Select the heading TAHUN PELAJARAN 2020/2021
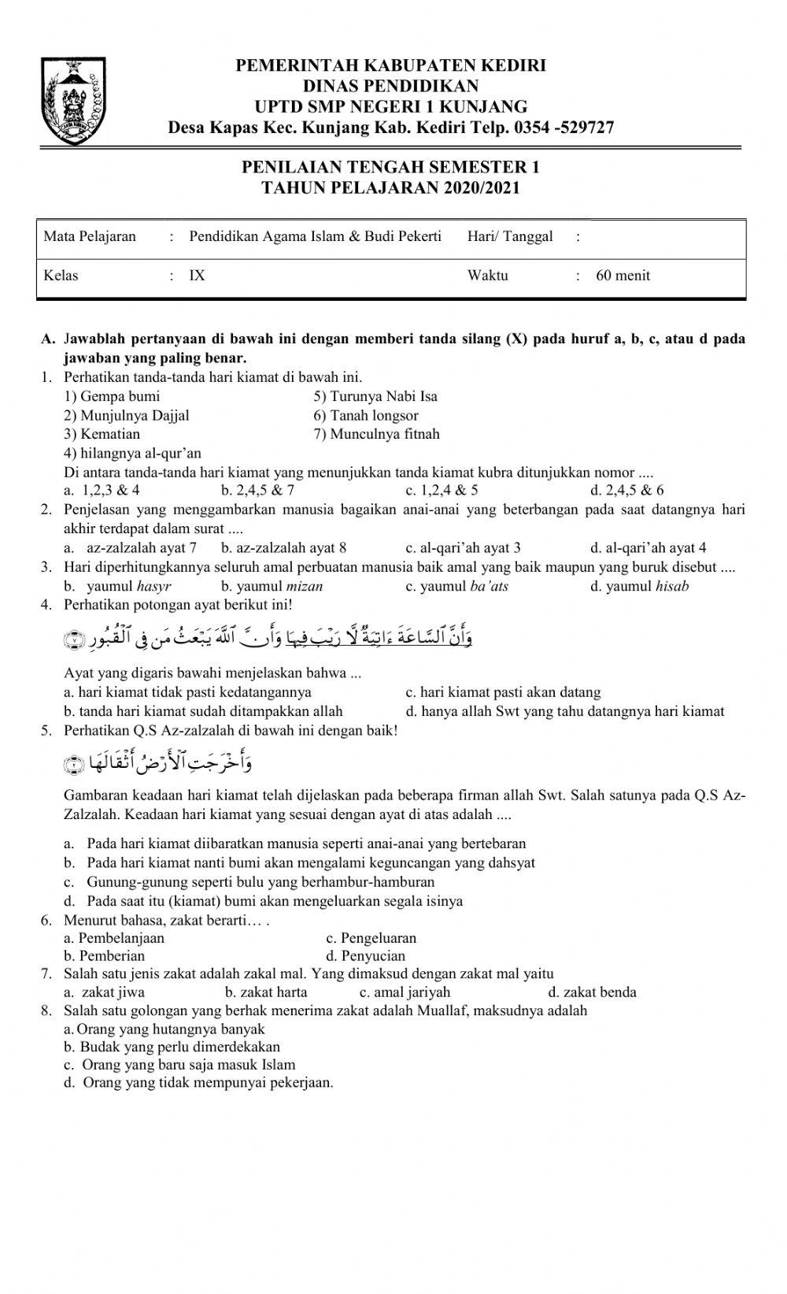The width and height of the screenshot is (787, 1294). [x=390, y=188]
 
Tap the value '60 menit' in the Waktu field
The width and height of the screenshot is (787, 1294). [x=623, y=276]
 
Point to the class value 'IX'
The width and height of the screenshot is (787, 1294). [x=197, y=276]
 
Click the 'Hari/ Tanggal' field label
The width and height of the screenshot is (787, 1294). [x=510, y=236]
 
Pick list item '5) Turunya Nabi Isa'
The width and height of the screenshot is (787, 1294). [x=375, y=396]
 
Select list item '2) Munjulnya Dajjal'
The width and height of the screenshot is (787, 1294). [x=127, y=415]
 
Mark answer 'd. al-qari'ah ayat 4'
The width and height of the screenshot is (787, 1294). [x=648, y=547]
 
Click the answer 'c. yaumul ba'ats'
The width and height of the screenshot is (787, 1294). [x=456, y=586]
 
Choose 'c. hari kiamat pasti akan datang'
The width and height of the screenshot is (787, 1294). [x=503, y=692]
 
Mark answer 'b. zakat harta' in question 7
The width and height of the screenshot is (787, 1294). [x=266, y=992]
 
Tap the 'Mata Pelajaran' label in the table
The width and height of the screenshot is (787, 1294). [x=90, y=236]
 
